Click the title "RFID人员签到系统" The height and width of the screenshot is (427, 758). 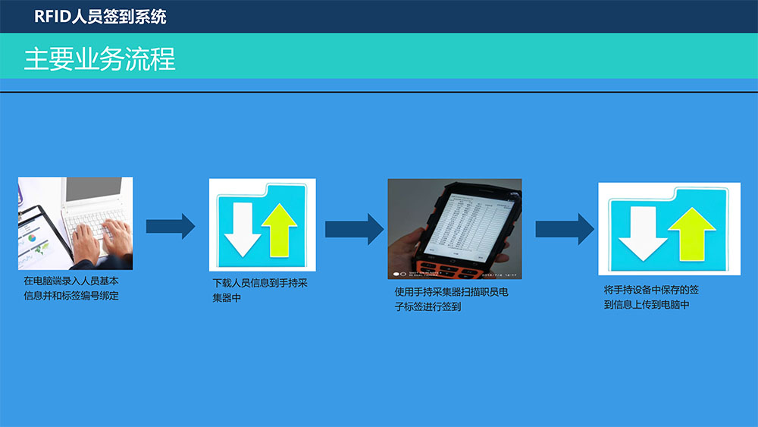[100, 17]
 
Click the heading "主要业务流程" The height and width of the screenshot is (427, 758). [99, 59]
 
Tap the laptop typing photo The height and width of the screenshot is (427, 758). [75, 223]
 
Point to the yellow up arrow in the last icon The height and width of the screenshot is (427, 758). [693, 233]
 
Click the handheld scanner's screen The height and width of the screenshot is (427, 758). [468, 223]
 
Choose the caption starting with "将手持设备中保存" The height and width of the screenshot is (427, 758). [651, 297]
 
